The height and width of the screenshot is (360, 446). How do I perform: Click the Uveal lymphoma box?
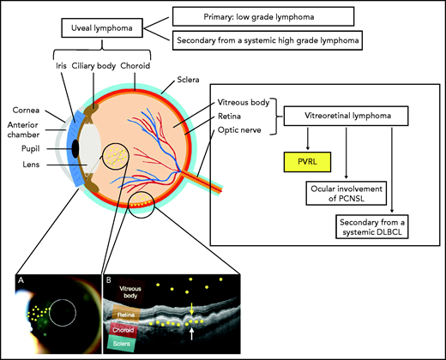click(101, 30)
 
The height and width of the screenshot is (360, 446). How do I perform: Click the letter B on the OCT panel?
click(106, 279)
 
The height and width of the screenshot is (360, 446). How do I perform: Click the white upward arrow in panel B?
click(193, 329)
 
